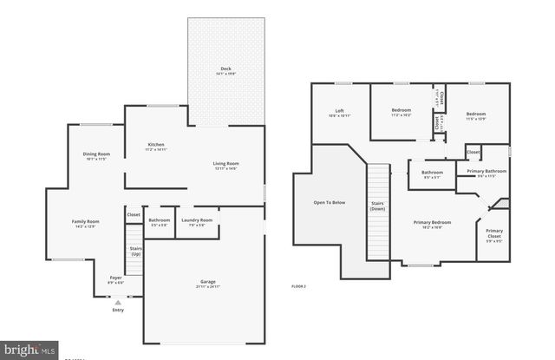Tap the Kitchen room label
coord(156,145)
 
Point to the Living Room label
coord(226,164)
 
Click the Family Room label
coord(86,222)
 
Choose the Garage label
coord(205,282)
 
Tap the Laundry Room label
coord(197,220)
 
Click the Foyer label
coord(115,278)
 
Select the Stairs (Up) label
coord(135,250)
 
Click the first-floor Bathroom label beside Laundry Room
coord(159,220)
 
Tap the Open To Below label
coord(330,203)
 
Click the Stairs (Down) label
coord(378,206)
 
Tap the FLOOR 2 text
coord(299,285)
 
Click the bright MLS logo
coord(29,349)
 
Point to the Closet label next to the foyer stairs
coord(134,214)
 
